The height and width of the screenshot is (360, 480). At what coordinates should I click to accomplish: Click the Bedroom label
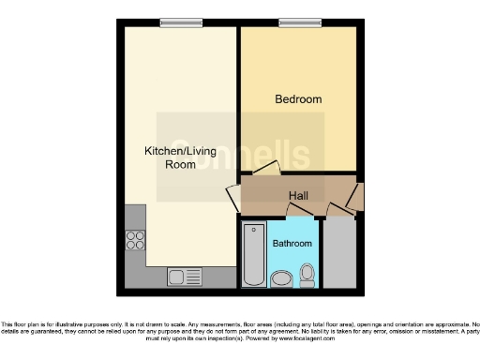298,99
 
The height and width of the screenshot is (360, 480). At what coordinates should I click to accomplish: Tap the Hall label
298,195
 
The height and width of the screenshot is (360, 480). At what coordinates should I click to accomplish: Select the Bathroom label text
292,244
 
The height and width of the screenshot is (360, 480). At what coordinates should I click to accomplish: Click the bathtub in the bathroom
253,254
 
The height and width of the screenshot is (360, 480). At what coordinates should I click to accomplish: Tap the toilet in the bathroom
307,274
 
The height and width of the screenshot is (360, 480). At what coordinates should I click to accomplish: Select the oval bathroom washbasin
280,278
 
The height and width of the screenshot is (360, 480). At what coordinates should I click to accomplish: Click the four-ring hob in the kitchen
135,239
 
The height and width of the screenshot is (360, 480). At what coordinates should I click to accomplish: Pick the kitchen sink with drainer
185,277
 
